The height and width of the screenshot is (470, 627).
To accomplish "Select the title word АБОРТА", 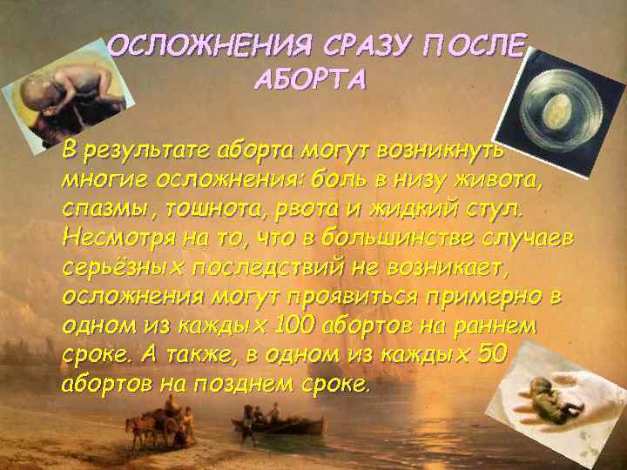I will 310,81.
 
